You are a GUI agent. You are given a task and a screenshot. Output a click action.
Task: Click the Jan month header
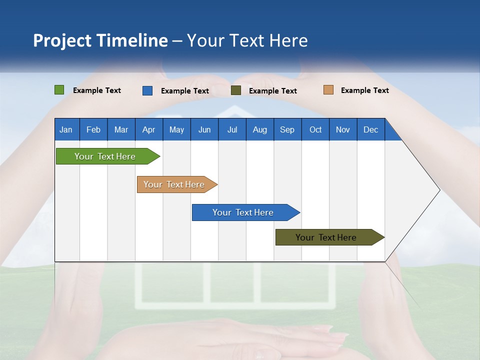66,129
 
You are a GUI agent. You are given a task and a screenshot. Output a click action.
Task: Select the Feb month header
93,129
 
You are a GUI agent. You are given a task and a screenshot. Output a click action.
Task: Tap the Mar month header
121,129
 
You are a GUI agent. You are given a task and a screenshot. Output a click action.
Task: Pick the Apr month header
149,129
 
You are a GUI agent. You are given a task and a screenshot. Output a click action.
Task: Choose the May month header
176,129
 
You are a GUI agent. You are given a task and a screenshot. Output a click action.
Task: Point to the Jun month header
204,129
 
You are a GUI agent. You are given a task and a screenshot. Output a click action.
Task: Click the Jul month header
232,129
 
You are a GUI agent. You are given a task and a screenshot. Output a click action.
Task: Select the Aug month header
260,129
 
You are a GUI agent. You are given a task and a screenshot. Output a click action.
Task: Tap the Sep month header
287,129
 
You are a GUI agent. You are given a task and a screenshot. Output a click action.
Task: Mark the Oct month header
315,129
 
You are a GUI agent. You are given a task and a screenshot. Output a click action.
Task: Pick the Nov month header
343,129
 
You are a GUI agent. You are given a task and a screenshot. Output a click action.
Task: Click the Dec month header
371,129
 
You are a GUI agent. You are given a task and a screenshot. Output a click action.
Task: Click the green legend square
59,90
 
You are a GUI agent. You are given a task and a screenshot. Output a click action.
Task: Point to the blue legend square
147,90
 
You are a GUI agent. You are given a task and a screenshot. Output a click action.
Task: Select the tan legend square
328,90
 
